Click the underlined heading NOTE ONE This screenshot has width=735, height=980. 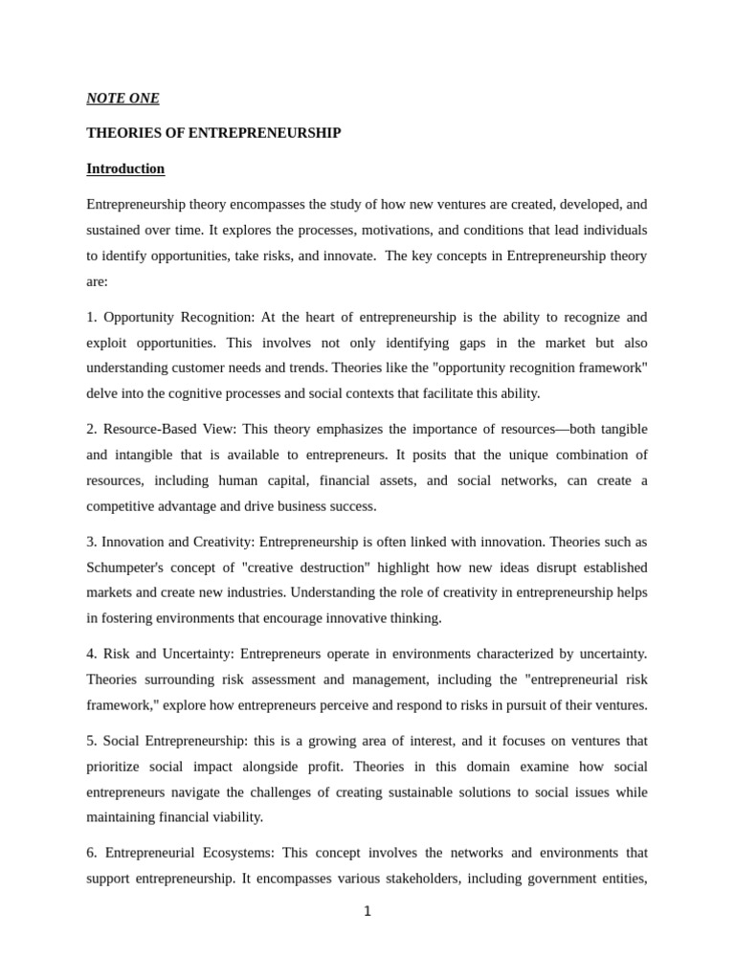click(x=122, y=98)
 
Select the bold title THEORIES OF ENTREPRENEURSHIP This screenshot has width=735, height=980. click(x=213, y=133)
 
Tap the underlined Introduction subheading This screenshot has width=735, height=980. click(x=125, y=168)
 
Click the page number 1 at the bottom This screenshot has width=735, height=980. click(x=367, y=911)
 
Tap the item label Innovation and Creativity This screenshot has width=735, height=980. click(x=177, y=543)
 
